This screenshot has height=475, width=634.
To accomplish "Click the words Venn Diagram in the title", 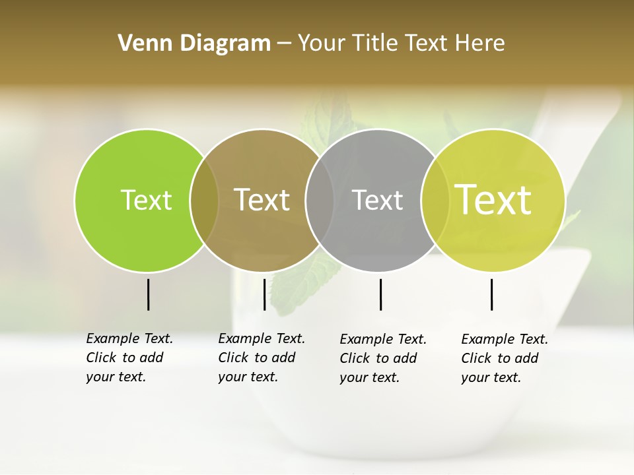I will tap(194, 43).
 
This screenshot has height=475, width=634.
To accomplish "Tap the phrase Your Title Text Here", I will tap(401, 43).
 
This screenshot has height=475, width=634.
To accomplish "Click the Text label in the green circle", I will tap(146, 200).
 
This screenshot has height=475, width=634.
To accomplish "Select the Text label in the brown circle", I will tap(262, 200).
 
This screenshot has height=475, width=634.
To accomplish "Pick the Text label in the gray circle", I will tap(377, 200).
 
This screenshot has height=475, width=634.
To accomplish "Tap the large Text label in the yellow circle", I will tap(493, 200).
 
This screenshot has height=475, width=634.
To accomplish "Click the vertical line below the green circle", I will tap(149, 294).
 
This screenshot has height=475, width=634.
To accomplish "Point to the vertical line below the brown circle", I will tap(264, 294).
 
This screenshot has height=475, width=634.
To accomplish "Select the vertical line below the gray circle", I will tap(380, 294).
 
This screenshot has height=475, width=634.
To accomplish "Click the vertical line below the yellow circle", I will tap(492, 294).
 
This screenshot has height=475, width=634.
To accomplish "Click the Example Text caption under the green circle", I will tap(129, 358).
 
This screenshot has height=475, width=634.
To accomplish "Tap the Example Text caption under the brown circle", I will tap(262, 358).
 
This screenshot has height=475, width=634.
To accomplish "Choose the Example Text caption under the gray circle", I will tap(383, 358).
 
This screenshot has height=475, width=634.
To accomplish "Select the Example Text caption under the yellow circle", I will tap(505, 358).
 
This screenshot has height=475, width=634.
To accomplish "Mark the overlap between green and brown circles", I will tap(204, 200).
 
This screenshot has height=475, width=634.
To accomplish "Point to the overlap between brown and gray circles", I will tap(320, 200).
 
